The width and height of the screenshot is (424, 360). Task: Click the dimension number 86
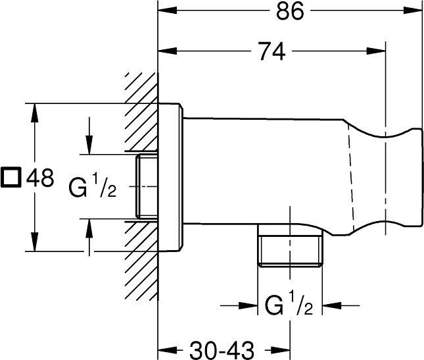coord(290,11)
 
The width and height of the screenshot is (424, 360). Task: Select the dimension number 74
coord(271,51)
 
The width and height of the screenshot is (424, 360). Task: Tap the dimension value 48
coord(40,178)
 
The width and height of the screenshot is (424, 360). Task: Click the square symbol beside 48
coord(11,178)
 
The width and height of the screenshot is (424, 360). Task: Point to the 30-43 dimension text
coord(222,350)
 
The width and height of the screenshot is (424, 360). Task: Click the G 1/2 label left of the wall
coord(93,186)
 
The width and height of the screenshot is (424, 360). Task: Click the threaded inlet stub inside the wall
coord(147,186)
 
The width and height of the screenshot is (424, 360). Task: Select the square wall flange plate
coord(170,177)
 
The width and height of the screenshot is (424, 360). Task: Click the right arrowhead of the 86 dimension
coord(413,11)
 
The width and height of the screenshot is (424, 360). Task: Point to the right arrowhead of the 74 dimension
coord(376,51)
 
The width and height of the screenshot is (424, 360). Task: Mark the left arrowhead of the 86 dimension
coord(168,11)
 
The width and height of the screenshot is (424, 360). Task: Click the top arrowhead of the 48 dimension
coord(34,113)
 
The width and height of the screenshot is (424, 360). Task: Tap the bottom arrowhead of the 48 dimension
coord(34,242)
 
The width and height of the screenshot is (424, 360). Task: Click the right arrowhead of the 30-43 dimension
coord(281,350)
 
